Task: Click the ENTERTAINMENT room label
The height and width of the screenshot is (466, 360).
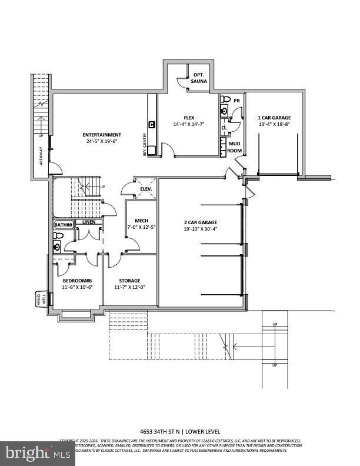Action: point(102,135)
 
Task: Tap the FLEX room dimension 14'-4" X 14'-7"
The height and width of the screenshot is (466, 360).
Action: point(188,124)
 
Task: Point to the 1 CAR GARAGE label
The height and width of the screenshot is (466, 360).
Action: point(274,117)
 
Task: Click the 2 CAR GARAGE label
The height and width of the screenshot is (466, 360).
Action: point(200,222)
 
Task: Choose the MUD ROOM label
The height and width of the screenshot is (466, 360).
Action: point(234,147)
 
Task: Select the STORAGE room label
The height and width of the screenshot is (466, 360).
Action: point(129,281)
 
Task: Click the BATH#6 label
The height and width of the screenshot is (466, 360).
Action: point(63,225)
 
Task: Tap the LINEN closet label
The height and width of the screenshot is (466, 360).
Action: point(89,222)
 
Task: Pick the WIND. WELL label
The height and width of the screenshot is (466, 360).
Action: point(41,299)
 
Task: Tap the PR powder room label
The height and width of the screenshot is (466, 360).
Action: point(236,101)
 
